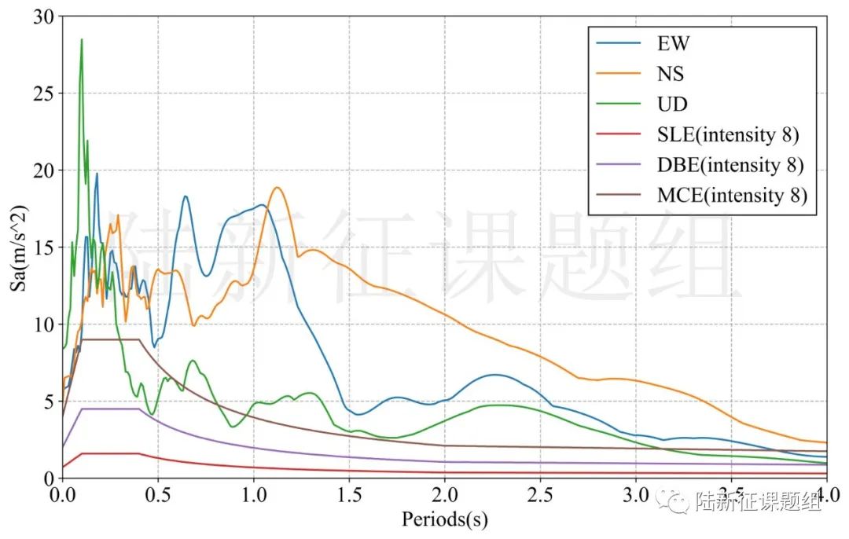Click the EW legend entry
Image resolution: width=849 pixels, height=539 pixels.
(673, 44)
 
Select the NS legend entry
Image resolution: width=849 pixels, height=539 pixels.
(671, 75)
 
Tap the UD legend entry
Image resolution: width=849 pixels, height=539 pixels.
(672, 104)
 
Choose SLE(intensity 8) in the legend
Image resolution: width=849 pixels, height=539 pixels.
(728, 135)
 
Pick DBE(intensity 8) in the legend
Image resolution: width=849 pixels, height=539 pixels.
(730, 165)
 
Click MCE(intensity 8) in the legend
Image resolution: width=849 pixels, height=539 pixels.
(731, 196)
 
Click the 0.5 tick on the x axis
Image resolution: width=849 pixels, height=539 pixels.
(157, 497)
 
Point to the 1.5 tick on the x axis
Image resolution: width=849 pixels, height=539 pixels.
(348, 497)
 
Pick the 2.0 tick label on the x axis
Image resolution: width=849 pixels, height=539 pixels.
(444, 497)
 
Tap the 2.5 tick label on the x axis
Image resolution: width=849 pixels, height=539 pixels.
(540, 497)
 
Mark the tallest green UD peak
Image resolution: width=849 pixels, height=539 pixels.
(81, 40)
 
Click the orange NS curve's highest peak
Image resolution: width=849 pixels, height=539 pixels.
(277, 188)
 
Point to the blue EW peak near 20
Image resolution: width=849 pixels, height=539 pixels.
(97, 174)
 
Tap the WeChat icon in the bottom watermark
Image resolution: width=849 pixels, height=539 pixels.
(678, 500)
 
